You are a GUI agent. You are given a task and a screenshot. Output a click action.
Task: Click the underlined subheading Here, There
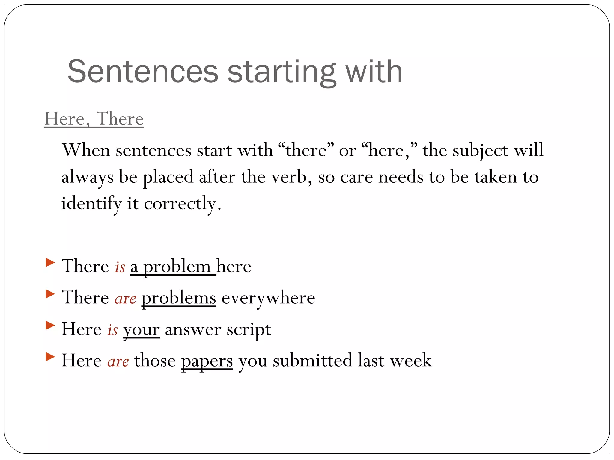[94, 119]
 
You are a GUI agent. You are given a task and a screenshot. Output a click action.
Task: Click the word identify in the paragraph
[91, 204]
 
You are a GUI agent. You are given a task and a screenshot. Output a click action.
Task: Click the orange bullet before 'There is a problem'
[50, 263]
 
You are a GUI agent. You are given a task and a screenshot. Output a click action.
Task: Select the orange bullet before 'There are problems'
[50, 294]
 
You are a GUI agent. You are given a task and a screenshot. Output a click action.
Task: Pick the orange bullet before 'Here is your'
[50, 325]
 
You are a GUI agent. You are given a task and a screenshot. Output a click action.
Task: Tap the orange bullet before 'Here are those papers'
[50, 357]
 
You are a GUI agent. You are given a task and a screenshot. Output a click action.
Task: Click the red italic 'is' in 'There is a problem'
[120, 267]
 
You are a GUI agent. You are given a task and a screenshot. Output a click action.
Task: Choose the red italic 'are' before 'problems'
[125, 298]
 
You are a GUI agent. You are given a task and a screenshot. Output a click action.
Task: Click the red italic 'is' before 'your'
[112, 330]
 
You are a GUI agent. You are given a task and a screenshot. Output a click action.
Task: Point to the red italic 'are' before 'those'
[118, 361]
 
